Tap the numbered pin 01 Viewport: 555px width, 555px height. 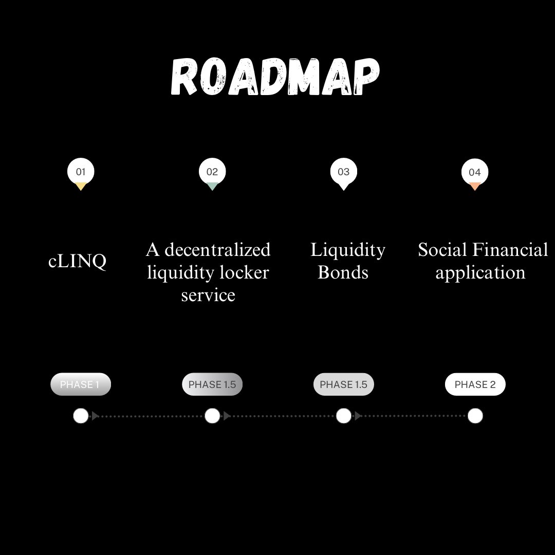81,173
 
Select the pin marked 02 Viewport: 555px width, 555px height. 212,173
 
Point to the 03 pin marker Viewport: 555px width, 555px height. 343,173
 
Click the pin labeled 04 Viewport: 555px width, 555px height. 475,173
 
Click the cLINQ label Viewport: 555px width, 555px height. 78,261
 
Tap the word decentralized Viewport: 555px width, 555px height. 217,250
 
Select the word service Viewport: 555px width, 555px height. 208,295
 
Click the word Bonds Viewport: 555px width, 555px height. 343,272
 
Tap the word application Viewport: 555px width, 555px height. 480,272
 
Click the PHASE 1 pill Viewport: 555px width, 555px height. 81,384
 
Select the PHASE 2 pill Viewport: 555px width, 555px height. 475,384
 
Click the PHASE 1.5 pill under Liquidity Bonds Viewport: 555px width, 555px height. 343,384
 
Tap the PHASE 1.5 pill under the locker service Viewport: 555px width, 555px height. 212,384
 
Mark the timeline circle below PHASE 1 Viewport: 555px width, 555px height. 81,416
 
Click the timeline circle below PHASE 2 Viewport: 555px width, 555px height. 475,416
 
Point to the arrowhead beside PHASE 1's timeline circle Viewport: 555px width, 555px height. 95,416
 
